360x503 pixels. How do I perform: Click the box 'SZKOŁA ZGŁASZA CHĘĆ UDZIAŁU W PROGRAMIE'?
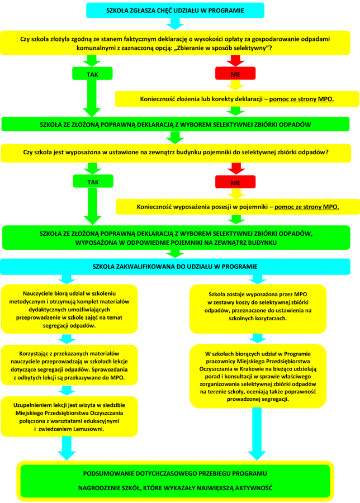176,10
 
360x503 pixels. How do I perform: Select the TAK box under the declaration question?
92,74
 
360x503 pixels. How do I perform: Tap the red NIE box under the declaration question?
235,74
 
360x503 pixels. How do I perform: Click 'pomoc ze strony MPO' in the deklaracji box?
301,99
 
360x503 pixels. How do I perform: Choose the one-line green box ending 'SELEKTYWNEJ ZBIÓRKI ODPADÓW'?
176,124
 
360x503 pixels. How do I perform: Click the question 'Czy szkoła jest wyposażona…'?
176,151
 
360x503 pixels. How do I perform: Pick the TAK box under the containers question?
92,182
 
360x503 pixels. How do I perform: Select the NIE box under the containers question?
235,182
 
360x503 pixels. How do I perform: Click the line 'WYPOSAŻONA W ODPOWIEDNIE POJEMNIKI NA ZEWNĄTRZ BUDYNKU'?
176,243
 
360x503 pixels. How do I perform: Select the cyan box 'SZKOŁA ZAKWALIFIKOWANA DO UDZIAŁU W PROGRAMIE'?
176,267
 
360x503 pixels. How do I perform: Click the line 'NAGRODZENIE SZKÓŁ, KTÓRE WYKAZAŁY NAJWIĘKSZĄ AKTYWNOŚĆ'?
176,488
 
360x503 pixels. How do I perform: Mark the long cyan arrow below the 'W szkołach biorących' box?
257,433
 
